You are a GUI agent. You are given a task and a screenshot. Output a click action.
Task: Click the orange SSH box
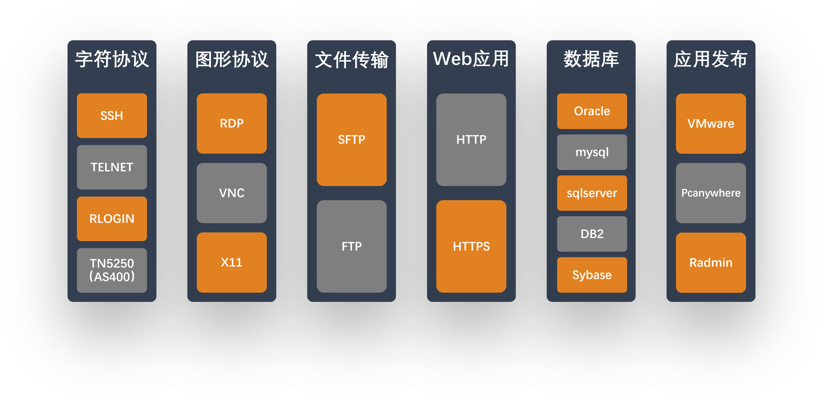[x=112, y=116]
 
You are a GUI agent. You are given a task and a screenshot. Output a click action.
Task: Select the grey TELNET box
[x=112, y=167]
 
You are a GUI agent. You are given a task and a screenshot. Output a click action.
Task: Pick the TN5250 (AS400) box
[x=112, y=270]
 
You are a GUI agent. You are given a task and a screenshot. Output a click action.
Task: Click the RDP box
[x=232, y=123]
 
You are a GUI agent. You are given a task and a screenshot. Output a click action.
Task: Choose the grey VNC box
[x=232, y=193]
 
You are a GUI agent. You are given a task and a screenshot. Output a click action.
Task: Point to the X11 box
[x=232, y=262]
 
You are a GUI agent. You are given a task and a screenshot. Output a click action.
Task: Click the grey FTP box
[x=351, y=246]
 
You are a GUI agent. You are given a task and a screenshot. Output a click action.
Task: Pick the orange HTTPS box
[x=471, y=246]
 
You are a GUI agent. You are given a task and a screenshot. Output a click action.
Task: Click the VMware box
[x=711, y=123]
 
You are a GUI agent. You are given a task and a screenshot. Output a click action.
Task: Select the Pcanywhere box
[x=711, y=193]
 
